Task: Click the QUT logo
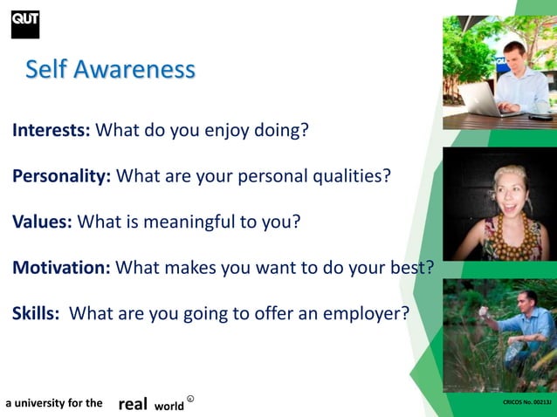[x=24, y=24]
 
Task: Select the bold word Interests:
[x=51, y=132]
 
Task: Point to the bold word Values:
[x=43, y=221]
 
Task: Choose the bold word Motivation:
[x=61, y=267]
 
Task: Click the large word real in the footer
[x=132, y=404]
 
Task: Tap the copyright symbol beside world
[x=190, y=400]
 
